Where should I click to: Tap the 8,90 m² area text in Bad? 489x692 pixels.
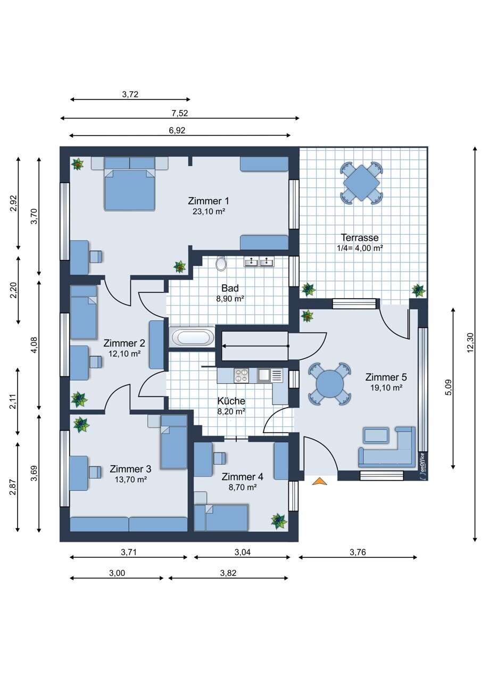tap(230, 299)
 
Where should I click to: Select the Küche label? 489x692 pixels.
tap(231, 401)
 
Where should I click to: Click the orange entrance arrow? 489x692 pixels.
tap(319, 481)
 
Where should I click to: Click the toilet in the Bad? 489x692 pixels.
tap(221, 264)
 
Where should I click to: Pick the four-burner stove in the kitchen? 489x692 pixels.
tap(241, 376)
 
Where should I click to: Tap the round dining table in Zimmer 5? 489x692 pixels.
tap(330, 384)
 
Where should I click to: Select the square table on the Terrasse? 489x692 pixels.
tap(361, 183)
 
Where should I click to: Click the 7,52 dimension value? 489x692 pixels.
tap(180, 113)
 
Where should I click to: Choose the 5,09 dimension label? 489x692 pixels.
tap(449, 388)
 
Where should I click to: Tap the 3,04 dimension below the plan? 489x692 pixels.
tap(242, 552)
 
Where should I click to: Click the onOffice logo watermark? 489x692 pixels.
tap(422, 466)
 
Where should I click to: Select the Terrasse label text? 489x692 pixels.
tap(360, 237)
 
